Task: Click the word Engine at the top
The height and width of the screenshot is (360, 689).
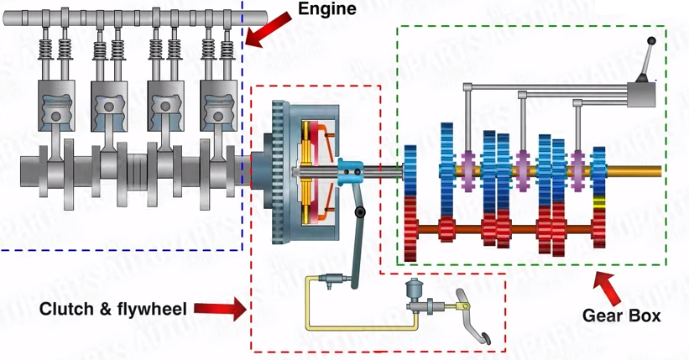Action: point(326,9)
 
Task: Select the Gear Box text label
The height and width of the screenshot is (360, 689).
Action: point(621,316)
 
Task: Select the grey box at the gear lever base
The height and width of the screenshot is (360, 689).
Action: point(644,94)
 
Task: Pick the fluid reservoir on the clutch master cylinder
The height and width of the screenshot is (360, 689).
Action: point(415,290)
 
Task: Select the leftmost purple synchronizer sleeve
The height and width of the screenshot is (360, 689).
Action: point(468,166)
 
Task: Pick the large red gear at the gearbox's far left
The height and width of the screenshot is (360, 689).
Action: point(410,228)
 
